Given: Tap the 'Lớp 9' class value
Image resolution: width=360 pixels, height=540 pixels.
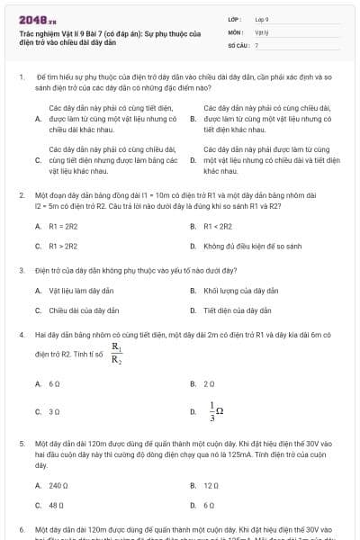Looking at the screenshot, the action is coord(262,18).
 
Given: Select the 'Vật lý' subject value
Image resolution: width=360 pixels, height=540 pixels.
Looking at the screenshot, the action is coord(261,31).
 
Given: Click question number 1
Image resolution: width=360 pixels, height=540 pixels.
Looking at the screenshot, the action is coord(21,79).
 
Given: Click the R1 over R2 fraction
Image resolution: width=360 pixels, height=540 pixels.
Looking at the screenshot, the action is coord(116,355).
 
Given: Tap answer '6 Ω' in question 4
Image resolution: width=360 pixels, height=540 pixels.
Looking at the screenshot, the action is coord(54,383).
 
